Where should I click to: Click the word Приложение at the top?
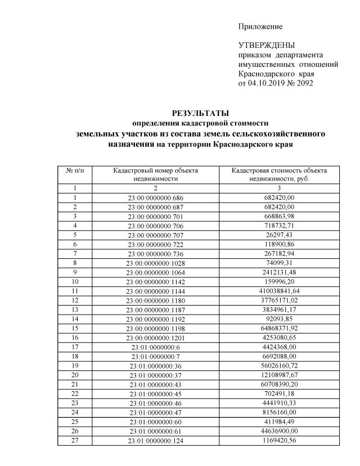click(x=260, y=26)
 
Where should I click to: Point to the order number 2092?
click(x=303, y=83)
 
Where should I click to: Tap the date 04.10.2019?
click(x=267, y=83)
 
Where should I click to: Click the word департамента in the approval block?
click(x=299, y=55)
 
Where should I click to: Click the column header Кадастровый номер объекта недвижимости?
click(x=156, y=174)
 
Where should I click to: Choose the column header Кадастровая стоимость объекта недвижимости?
click(x=280, y=174)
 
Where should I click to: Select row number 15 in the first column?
click(x=75, y=328)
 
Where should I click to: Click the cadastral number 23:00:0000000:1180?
click(x=156, y=299)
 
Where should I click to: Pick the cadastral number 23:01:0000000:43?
click(x=156, y=384)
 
